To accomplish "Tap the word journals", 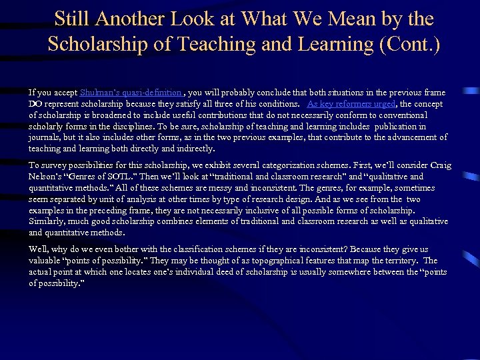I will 45,138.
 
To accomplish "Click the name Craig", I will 440,165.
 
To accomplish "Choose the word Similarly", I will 47,221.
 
